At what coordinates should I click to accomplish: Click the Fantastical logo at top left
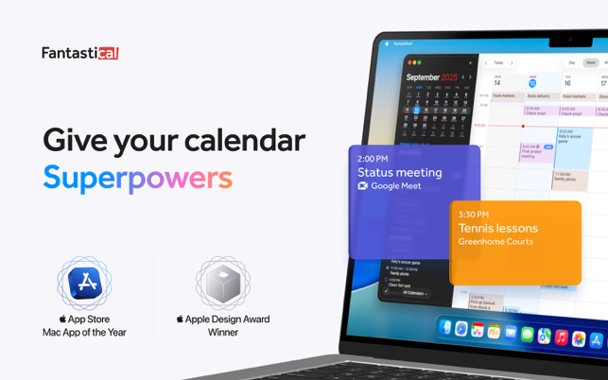pos(79,53)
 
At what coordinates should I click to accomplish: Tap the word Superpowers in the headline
pos(137,178)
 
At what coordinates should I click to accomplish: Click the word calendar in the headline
pos(244,140)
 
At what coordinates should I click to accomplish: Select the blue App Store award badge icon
pos(84,283)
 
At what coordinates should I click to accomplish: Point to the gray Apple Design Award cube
pos(222,283)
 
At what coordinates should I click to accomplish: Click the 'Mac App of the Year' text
pos(84,333)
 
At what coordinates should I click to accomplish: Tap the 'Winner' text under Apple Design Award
pos(222,333)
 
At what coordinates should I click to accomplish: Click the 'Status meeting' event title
pos(399,172)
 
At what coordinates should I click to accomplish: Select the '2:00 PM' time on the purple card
pos(373,159)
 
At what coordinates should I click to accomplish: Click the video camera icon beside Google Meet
pos(362,186)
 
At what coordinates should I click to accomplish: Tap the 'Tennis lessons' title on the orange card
pos(497,228)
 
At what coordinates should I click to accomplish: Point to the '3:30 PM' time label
pos(474,215)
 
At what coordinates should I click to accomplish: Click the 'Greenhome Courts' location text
pos(495,242)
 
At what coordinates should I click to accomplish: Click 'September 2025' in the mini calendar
pos(431,78)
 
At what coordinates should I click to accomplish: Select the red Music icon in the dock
pos(561,337)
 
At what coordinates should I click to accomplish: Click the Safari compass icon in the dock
pos(460,329)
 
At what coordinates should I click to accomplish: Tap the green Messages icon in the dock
pos(527,334)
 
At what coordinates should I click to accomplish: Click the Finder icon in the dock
pos(445,327)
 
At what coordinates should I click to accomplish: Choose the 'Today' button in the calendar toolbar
pos(498,63)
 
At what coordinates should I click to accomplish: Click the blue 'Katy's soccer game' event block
pos(573,142)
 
